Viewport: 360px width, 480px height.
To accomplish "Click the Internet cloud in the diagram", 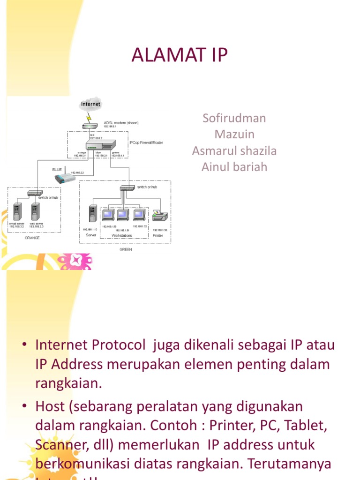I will (90, 104).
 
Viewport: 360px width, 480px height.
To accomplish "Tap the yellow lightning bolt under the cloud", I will (89, 117).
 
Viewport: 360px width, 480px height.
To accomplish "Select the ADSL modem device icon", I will (89, 126).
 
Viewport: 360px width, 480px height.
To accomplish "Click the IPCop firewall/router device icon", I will (100, 145).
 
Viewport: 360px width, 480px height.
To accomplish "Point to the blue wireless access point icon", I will (63, 176).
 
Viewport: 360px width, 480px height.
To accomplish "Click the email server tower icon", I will (17, 212).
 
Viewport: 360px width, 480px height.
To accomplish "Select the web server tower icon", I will (36, 212).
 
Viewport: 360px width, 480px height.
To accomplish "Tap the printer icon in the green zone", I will (160, 216).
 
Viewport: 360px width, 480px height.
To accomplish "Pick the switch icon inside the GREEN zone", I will (127, 187).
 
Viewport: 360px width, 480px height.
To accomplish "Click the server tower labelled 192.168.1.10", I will (92, 214).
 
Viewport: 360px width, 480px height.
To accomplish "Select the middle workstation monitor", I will (123, 215).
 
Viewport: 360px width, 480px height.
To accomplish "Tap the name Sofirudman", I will (234, 118).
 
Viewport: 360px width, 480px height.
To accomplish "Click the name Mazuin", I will (234, 135).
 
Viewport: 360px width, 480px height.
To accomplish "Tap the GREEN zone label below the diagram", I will (126, 249).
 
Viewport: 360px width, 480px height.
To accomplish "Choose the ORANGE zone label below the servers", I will (32, 238).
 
